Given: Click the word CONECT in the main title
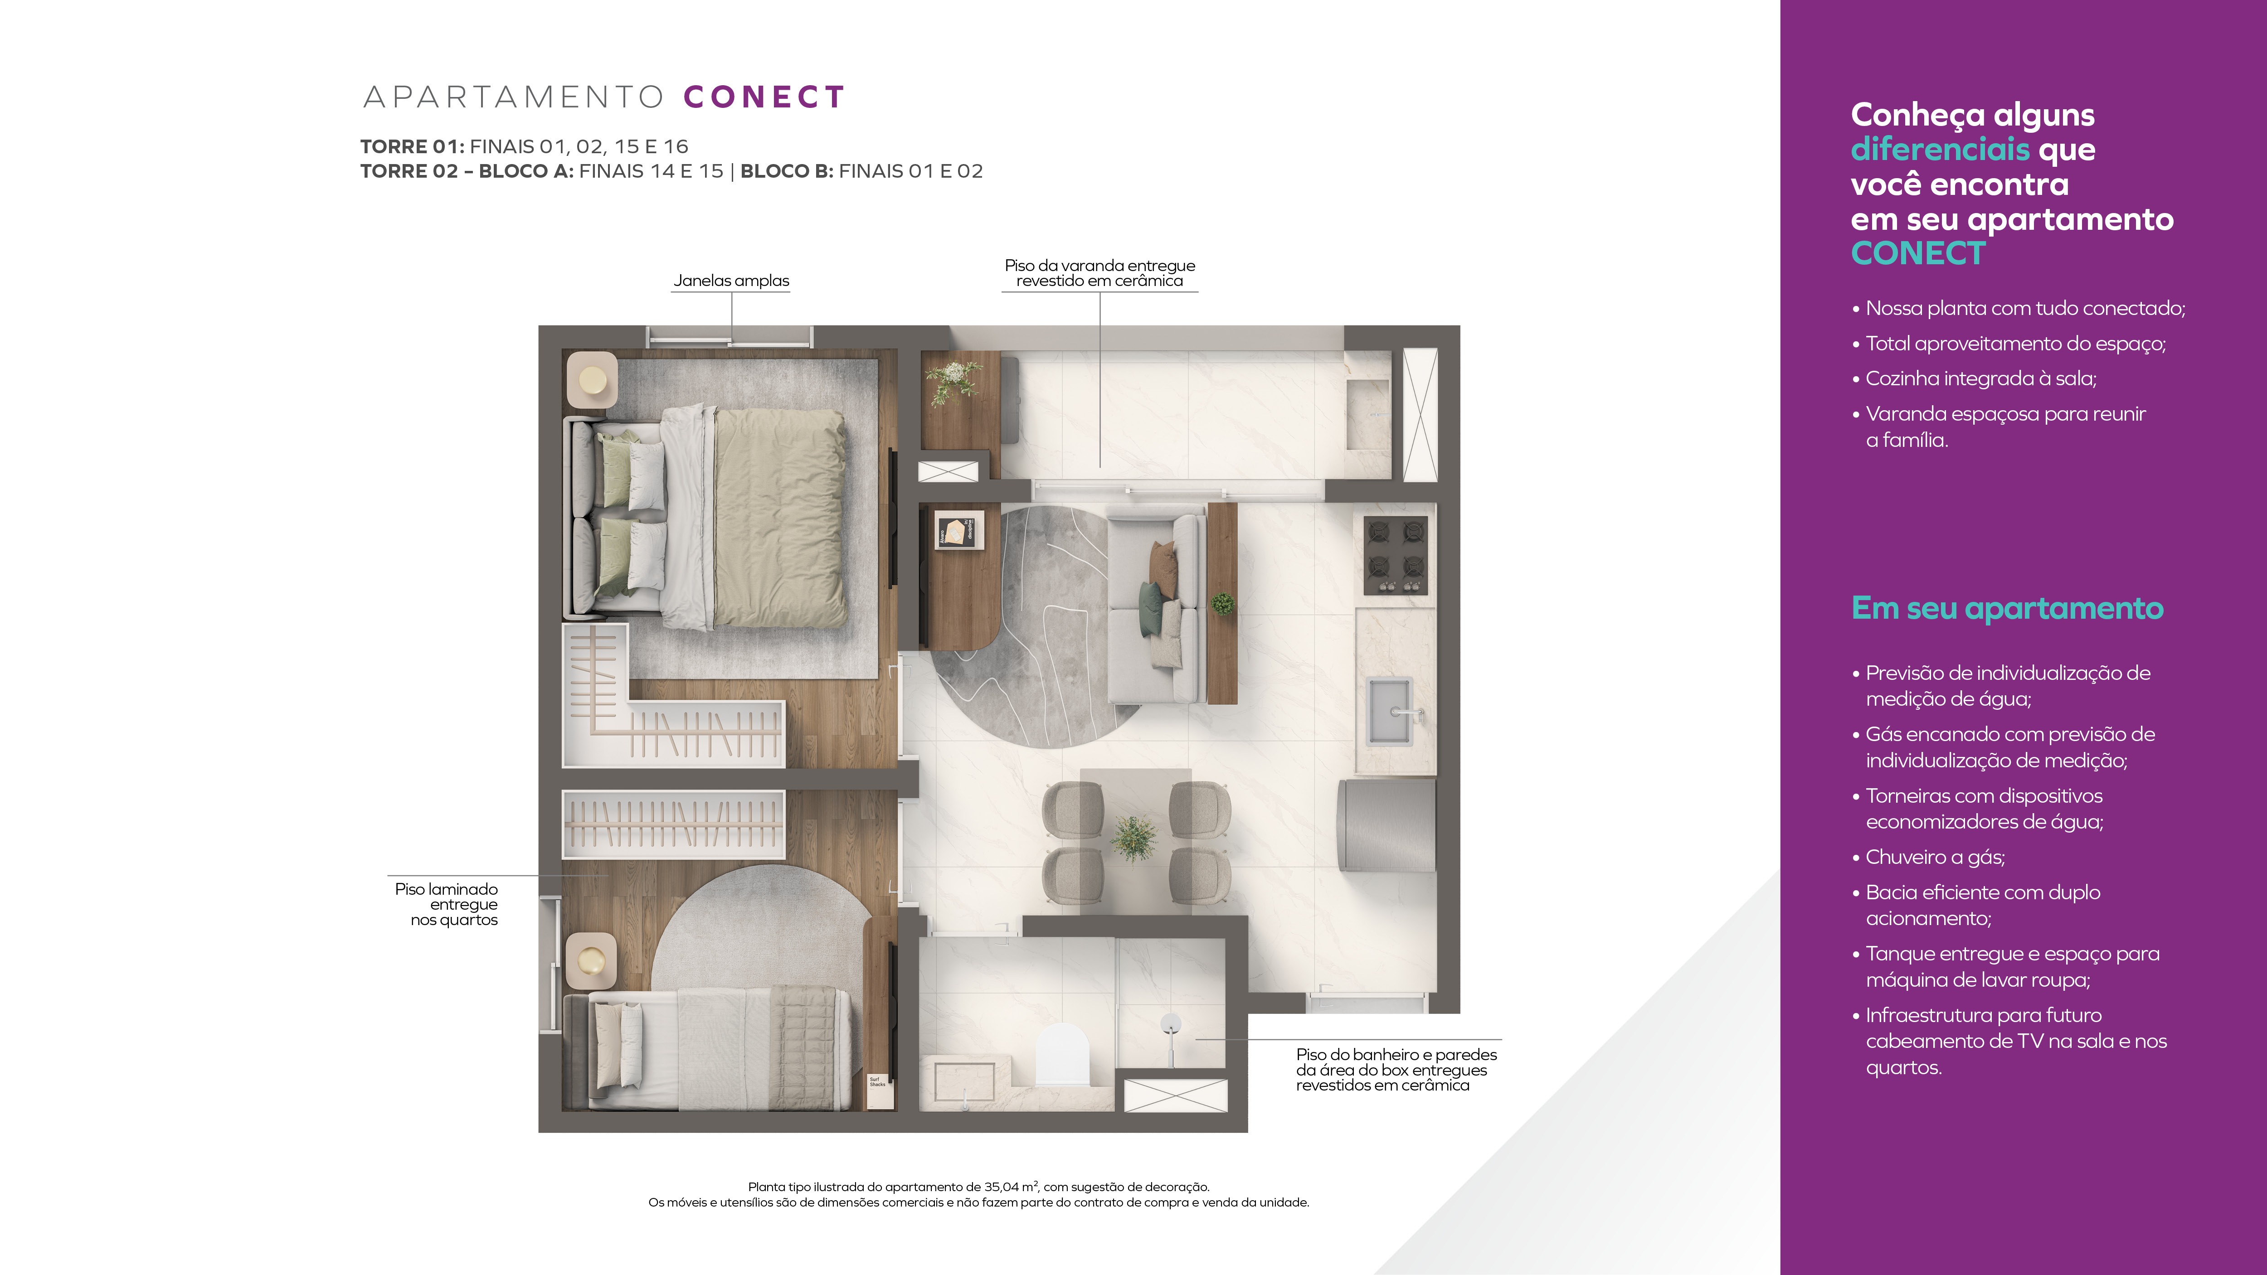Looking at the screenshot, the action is point(764,97).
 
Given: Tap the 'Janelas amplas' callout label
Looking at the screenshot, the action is point(731,281).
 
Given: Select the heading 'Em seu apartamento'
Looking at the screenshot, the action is point(2006,608).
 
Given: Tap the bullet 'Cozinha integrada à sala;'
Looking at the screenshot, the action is point(1974,378).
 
